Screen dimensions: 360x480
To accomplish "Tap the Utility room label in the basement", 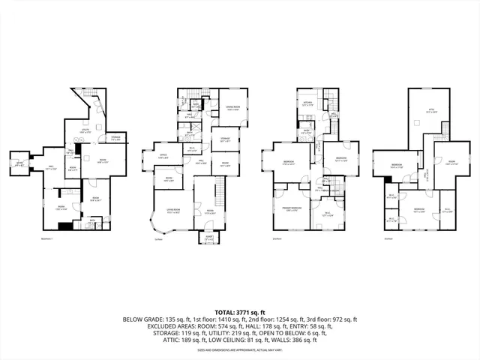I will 87,133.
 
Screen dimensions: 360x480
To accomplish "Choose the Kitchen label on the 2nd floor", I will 307,105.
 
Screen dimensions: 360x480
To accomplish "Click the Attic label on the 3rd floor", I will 431,112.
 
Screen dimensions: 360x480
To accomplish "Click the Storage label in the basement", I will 116,138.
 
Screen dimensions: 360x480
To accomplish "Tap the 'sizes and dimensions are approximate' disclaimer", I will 239,350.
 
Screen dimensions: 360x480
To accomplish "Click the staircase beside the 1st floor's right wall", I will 219,189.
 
